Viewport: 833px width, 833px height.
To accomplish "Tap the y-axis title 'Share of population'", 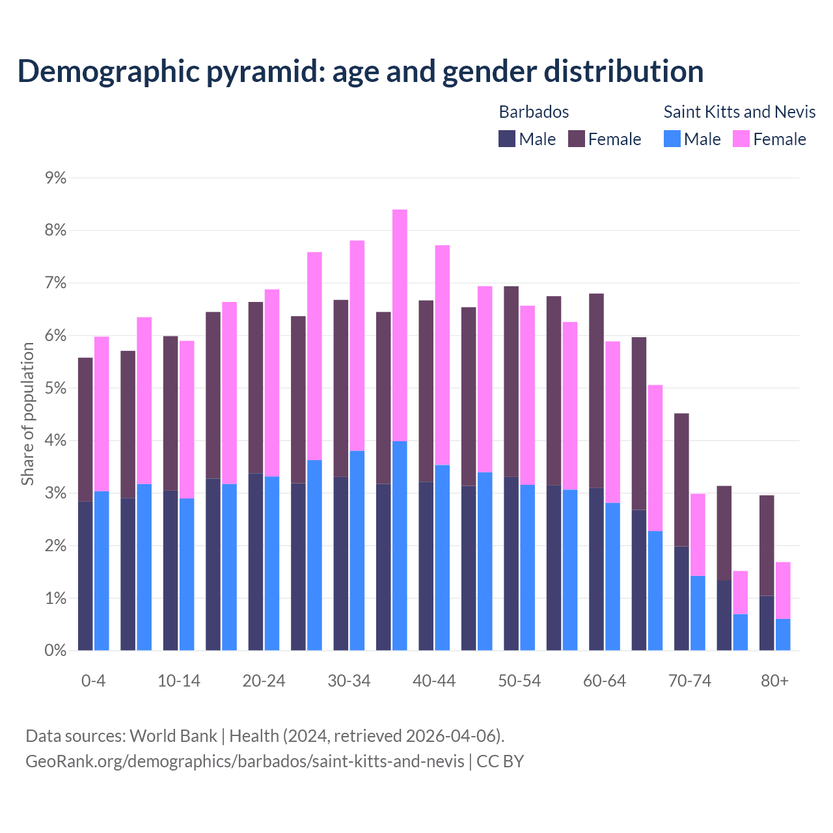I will (27, 414).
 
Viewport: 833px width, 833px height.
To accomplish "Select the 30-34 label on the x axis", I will (349, 681).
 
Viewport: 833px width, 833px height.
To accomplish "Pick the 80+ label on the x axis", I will (774, 681).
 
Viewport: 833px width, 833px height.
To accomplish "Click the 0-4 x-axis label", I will (93, 681).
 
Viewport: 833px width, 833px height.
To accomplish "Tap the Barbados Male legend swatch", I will (507, 139).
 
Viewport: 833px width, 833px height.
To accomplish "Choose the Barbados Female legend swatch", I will (577, 139).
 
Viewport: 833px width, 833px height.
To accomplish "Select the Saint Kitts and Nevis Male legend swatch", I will (672, 139).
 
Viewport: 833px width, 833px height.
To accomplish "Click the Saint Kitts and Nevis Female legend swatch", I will (741, 139).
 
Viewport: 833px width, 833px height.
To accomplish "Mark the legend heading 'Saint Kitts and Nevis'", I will (739, 112).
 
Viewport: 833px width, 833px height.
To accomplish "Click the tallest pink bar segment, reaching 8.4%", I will (400, 325).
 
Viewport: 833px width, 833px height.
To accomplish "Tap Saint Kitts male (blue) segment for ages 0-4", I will (102, 571).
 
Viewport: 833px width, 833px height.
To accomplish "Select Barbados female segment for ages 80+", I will (767, 545).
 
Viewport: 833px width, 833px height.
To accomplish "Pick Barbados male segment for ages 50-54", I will (512, 564).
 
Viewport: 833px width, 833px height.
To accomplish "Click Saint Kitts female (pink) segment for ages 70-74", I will (698, 535).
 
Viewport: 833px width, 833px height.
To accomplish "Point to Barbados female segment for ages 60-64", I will (596, 390).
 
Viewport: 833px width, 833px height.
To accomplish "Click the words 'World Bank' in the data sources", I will (173, 736).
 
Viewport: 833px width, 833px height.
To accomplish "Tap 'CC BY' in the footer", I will (500, 761).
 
